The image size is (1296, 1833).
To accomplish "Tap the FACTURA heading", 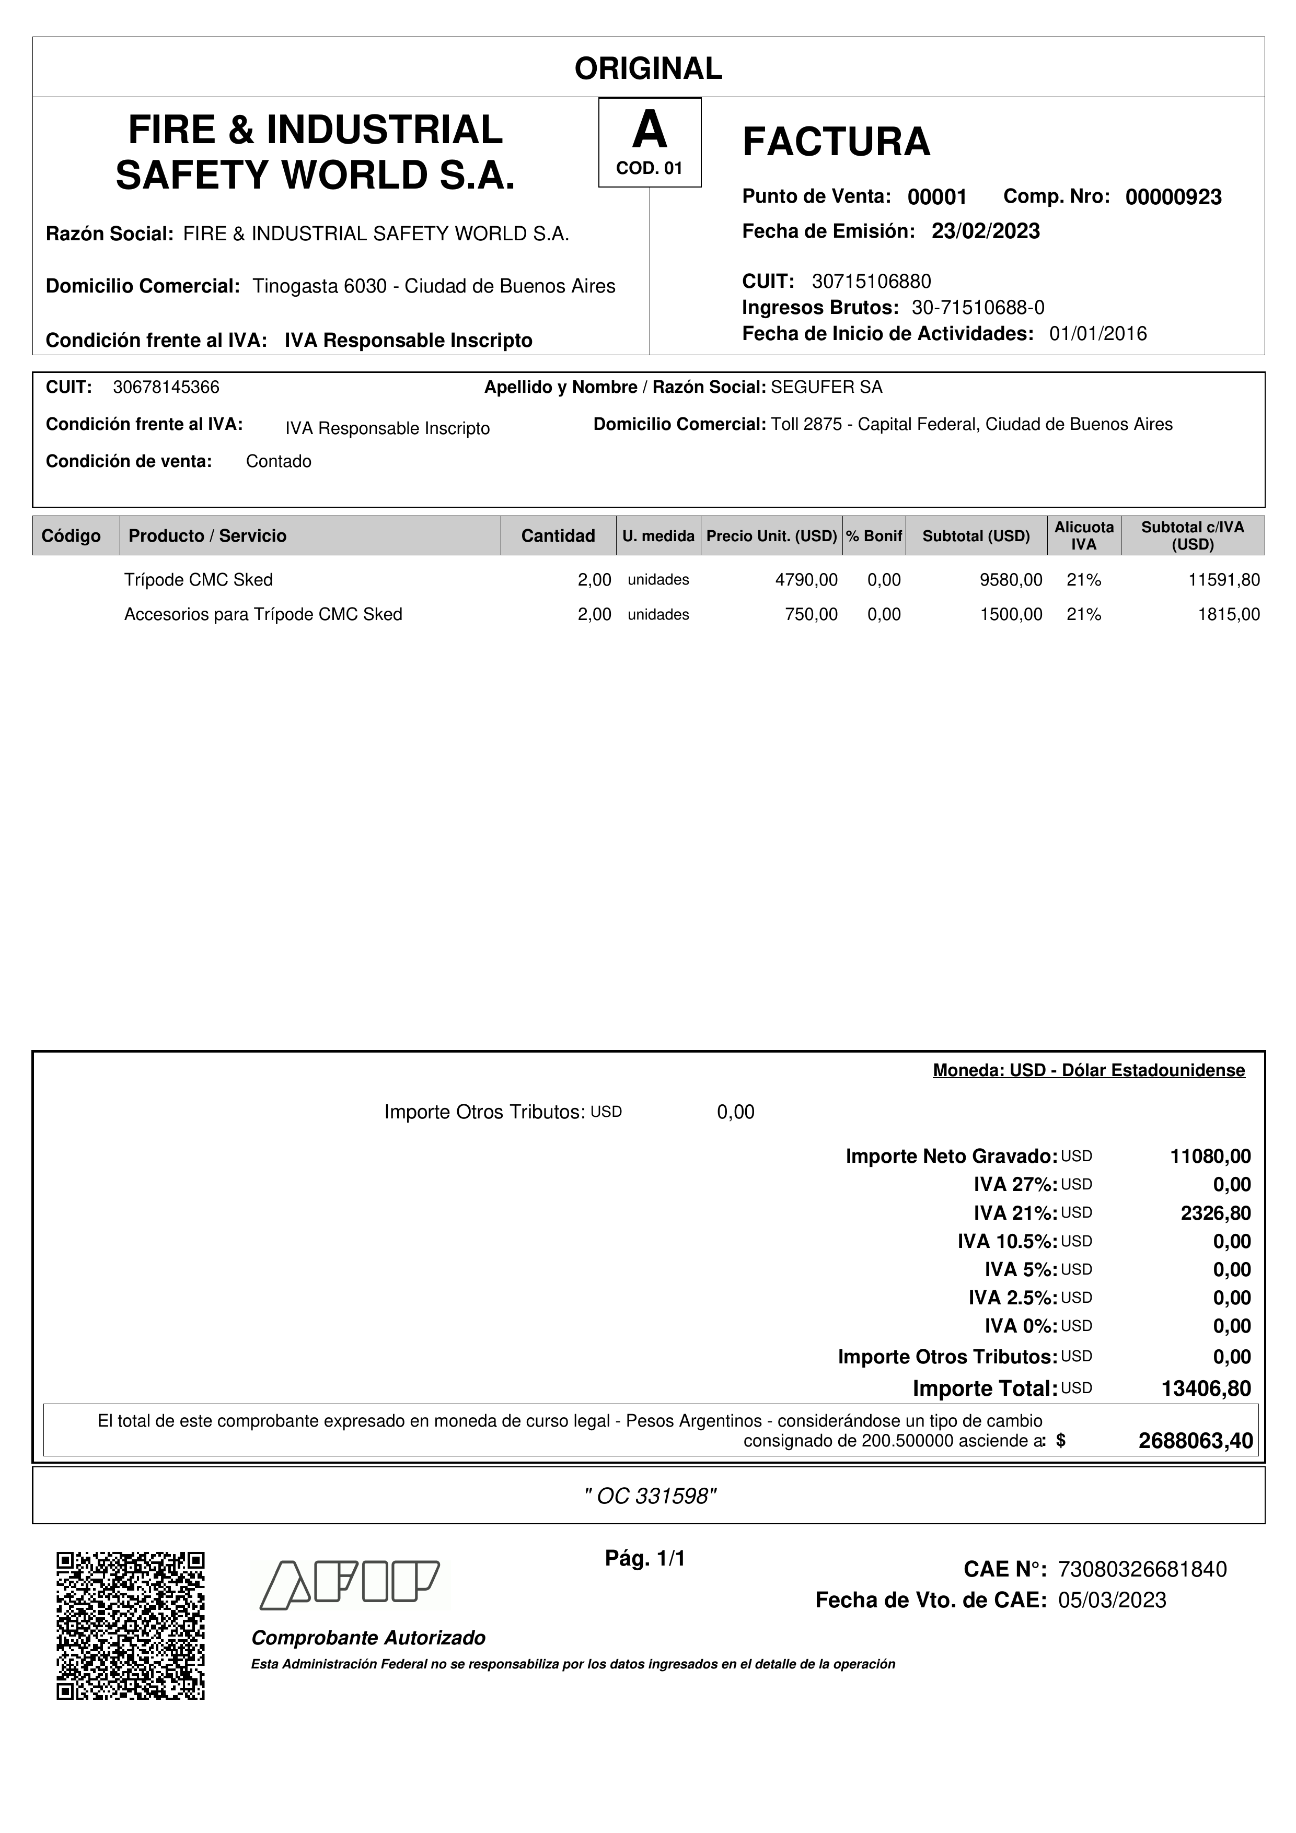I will coord(836,142).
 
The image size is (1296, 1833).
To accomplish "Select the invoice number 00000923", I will coord(1173,197).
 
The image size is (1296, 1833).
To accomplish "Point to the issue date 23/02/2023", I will coord(986,231).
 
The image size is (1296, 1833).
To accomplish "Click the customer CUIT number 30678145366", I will coord(166,387).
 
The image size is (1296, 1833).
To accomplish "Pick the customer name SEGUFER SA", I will coord(827,387).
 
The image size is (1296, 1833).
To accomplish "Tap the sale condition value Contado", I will coord(279,461).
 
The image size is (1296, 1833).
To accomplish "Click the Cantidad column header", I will coord(558,535).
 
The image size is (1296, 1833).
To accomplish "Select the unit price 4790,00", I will coord(806,580).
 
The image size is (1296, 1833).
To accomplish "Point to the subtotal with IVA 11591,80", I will coord(1224,580).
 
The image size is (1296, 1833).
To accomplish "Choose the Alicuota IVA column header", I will coord(1084,535).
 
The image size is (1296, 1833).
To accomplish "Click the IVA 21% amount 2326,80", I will coord(1216,1213).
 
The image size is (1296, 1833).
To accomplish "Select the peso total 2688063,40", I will coord(1195,1441).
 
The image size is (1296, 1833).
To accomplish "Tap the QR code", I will coord(131,1626).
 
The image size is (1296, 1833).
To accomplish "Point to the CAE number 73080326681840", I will coord(1142,1570).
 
